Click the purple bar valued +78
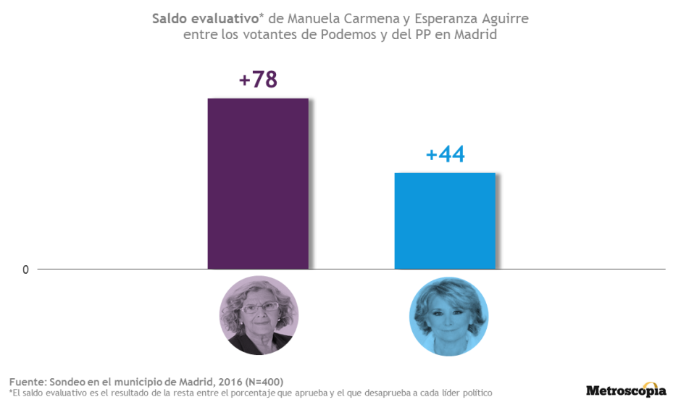coord(258,184)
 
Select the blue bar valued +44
coord(444,221)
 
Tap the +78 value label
coord(259,80)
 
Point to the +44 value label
coord(445,155)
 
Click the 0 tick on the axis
coord(25,270)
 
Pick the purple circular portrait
coord(259,315)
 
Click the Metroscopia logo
coord(626,390)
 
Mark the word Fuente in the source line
coord(27,382)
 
